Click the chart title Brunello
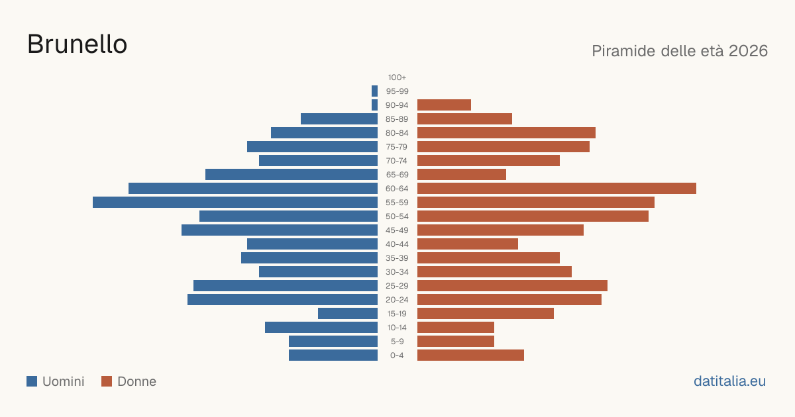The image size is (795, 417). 77,44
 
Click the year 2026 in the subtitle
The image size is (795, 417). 748,51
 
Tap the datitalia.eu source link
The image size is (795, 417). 729,381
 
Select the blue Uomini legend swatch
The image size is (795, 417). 32,381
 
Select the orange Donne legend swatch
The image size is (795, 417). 107,381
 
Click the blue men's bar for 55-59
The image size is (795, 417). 235,202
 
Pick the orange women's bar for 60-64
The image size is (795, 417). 556,188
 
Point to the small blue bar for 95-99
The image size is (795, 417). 374,91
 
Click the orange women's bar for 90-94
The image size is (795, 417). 444,105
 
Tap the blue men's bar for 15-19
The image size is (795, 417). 348,314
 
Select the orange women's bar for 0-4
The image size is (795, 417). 470,355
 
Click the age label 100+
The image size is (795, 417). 397,77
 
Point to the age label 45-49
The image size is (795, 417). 397,230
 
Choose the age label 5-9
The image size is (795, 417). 397,342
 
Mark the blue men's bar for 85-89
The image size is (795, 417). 339,118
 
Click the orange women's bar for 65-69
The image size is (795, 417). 462,175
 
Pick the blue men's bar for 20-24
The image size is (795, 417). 282,300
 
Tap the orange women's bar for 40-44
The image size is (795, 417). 468,244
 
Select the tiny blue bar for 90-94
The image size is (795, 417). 374,105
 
